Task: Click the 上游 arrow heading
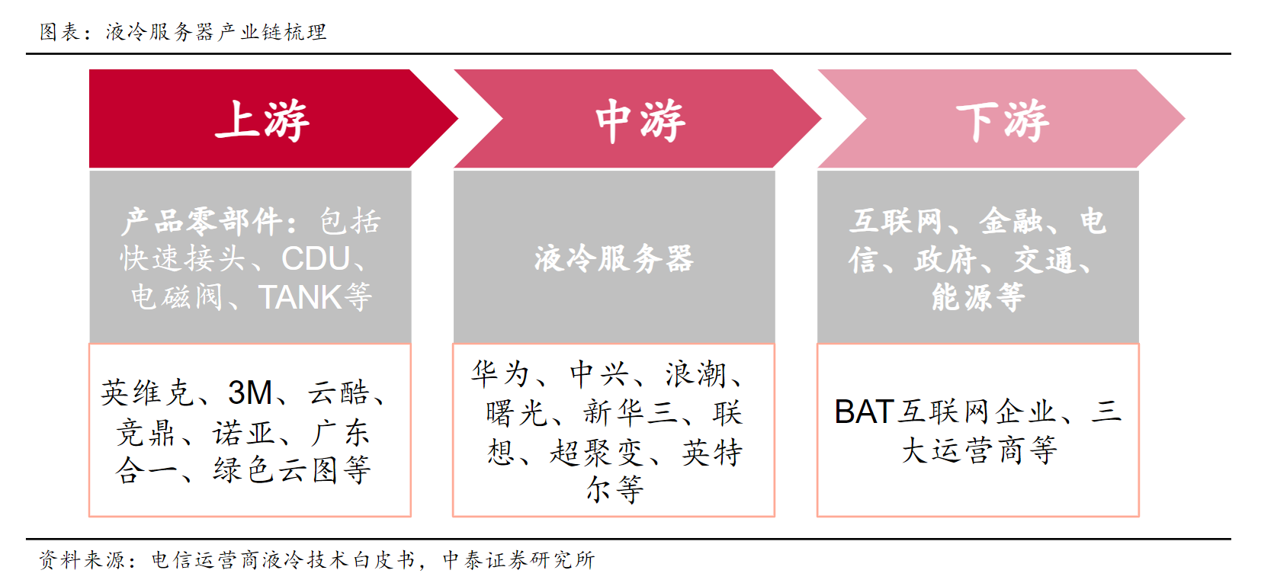(262, 120)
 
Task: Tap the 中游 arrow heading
(640, 120)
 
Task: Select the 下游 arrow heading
(1003, 120)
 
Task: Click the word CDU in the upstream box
(316, 259)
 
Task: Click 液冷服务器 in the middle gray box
(615, 259)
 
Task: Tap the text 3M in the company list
(250, 392)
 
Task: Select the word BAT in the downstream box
(862, 412)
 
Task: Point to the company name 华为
(501, 373)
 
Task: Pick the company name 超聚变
(597, 453)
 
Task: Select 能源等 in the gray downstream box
(978, 297)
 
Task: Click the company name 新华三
(631, 413)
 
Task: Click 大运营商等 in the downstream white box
(980, 451)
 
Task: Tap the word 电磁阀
(177, 297)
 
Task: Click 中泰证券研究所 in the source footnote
(518, 560)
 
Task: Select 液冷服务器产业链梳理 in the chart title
(216, 32)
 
